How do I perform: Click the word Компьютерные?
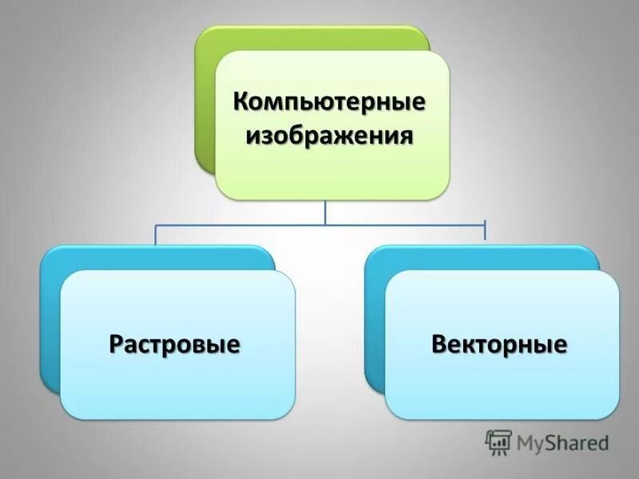[x=328, y=102]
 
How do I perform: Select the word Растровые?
[x=175, y=345]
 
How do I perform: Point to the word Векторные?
[x=499, y=345]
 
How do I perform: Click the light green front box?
[x=331, y=172]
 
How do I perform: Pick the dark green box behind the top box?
[x=206, y=96]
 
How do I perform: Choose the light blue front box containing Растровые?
[x=177, y=391]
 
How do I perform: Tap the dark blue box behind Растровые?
[x=50, y=319]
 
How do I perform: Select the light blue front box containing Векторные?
[x=502, y=391]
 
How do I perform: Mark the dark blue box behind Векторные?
[x=375, y=319]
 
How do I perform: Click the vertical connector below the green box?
[x=325, y=212]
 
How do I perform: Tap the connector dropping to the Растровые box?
[x=156, y=235]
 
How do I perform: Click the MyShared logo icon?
[x=498, y=441]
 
